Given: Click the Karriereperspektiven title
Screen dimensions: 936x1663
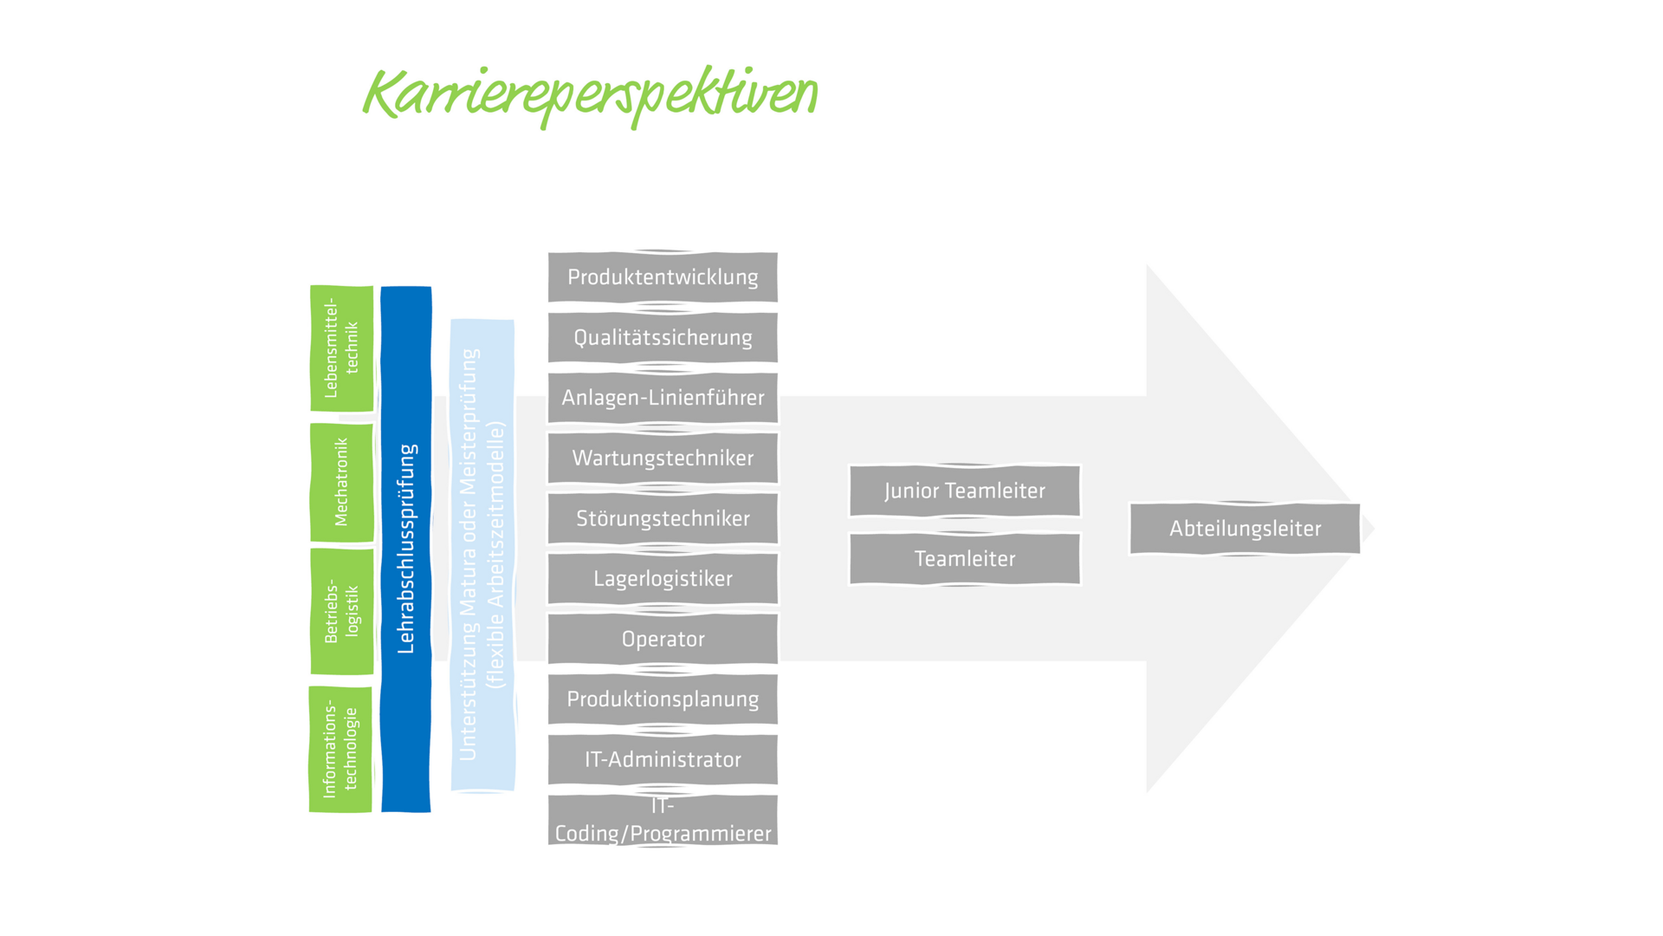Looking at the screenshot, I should (x=590, y=94).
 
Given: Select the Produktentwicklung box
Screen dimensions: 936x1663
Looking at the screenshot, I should (x=663, y=277).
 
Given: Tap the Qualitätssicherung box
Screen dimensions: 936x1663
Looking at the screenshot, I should (x=663, y=338).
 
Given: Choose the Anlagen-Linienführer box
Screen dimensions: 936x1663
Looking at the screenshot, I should (x=663, y=398).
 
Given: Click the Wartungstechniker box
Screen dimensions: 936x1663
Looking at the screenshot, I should (x=663, y=458).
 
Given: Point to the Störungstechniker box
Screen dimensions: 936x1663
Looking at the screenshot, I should (x=663, y=518).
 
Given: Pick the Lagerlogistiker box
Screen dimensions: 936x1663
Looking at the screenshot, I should (x=663, y=579).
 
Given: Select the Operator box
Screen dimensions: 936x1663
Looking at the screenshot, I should (x=663, y=640).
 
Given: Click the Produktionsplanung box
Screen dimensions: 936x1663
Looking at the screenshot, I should (x=663, y=699).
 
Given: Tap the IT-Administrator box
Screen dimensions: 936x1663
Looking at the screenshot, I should (x=663, y=760).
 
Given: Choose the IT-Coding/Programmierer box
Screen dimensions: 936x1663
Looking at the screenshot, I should (x=663, y=820).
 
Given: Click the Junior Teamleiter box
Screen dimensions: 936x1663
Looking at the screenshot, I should (x=965, y=491).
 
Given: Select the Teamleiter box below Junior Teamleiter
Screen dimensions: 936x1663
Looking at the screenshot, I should (x=965, y=559).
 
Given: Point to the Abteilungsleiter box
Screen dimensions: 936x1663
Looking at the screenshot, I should (x=1245, y=529).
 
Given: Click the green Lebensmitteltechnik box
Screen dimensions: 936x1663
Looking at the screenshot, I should (x=341, y=348).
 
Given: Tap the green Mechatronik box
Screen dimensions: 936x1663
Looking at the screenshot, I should (x=341, y=482).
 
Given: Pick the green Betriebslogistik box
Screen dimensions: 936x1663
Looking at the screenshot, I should (x=341, y=611).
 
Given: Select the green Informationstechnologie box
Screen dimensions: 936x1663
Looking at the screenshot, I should (x=340, y=750).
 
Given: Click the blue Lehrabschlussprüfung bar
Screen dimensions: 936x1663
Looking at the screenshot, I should (x=405, y=549).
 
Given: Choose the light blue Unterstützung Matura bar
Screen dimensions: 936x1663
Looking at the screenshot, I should (x=482, y=555).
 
